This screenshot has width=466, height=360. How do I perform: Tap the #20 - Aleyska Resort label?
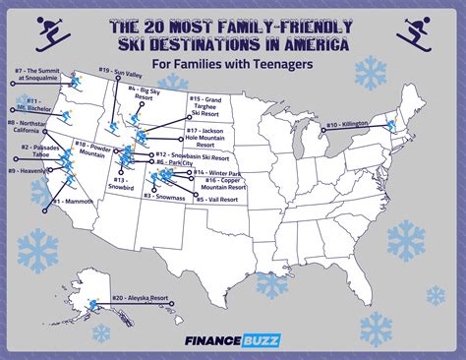pos(143,297)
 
